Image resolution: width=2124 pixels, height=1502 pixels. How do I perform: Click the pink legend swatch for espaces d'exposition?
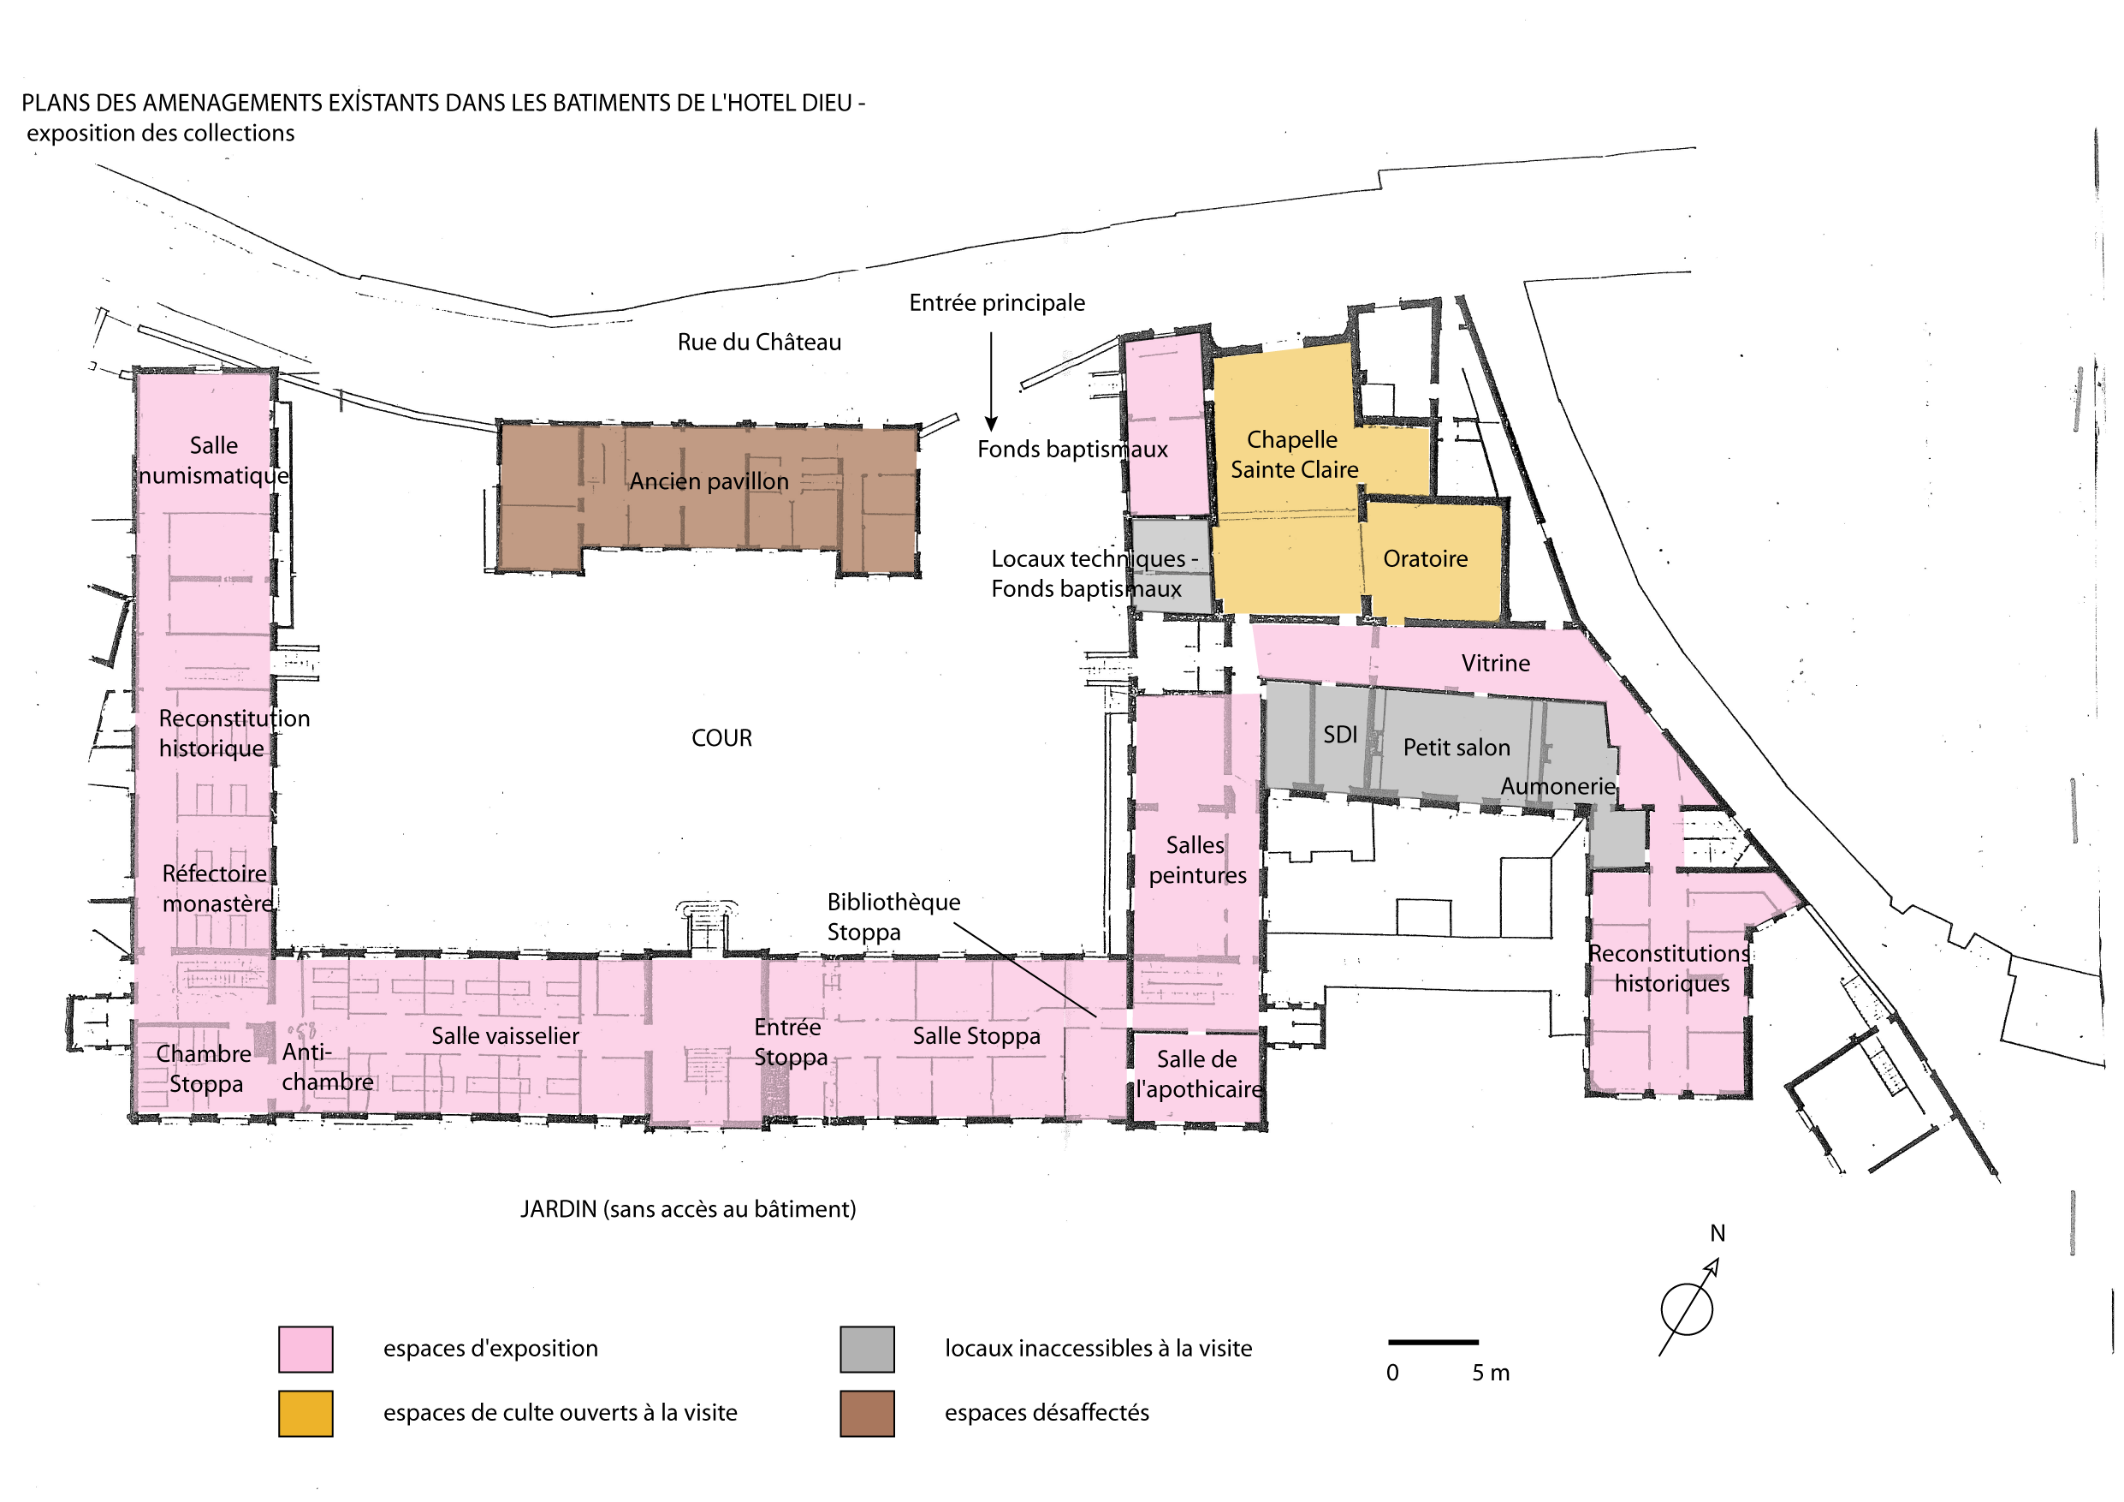pyautogui.click(x=306, y=1350)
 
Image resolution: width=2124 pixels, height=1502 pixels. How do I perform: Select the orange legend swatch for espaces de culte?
pyautogui.click(x=306, y=1414)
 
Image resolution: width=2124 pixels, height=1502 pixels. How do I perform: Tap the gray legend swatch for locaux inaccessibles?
pyautogui.click(x=867, y=1350)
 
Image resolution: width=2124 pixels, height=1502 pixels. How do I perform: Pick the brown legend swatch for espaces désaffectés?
pyautogui.click(x=867, y=1414)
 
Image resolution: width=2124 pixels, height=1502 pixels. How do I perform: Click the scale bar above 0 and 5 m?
pyautogui.click(x=1433, y=1342)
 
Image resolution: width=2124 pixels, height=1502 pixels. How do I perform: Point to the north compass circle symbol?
pyautogui.click(x=1687, y=1309)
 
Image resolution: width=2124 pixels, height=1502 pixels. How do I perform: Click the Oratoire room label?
pyautogui.click(x=1426, y=559)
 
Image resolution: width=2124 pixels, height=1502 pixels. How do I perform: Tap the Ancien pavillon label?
pyautogui.click(x=709, y=481)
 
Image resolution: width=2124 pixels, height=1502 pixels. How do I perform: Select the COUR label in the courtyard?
pyautogui.click(x=721, y=738)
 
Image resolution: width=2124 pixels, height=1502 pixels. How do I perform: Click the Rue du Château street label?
pyautogui.click(x=760, y=343)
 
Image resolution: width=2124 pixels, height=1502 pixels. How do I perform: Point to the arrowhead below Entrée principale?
pyautogui.click(x=991, y=424)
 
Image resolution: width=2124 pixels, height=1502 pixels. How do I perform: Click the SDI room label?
pyautogui.click(x=1339, y=735)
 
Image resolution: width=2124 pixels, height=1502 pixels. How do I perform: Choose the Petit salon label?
pyautogui.click(x=1457, y=748)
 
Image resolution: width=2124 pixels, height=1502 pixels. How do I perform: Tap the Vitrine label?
pyautogui.click(x=1496, y=664)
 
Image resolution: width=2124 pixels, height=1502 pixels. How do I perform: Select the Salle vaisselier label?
pyautogui.click(x=505, y=1036)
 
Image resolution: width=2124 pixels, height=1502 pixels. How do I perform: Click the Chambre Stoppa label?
pyautogui.click(x=204, y=1069)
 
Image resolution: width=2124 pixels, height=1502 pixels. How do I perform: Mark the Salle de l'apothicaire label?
pyautogui.click(x=1198, y=1075)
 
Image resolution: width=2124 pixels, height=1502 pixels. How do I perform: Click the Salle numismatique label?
pyautogui.click(x=214, y=460)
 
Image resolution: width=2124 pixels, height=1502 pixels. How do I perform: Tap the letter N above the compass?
pyautogui.click(x=1717, y=1234)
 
